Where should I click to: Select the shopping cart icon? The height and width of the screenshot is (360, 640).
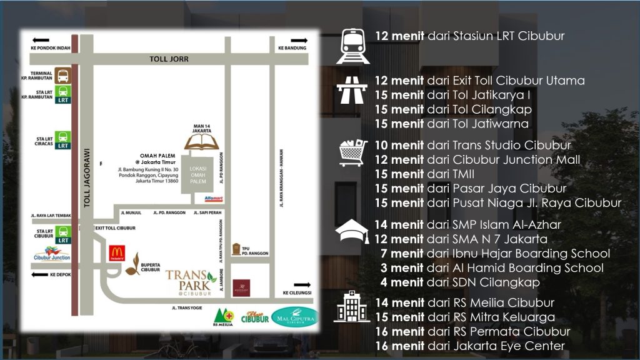tap(353, 152)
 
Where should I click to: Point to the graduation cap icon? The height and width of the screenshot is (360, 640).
tap(352, 232)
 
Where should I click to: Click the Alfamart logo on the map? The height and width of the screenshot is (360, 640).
tap(213, 199)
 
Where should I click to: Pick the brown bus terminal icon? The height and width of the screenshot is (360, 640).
tap(62, 76)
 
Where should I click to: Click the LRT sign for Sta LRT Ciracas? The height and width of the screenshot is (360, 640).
tap(62, 139)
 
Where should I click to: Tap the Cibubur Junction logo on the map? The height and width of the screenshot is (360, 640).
tap(52, 255)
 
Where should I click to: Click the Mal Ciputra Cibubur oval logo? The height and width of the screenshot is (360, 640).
tap(294, 317)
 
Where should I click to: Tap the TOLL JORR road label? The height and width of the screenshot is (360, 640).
tap(169, 59)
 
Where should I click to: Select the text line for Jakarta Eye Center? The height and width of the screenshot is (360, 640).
tap(469, 346)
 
